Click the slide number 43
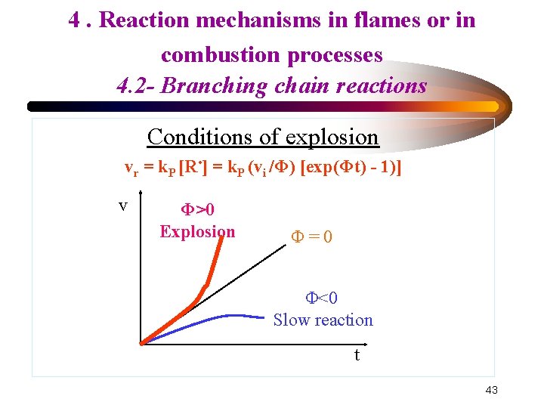(491, 390)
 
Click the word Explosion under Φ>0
(197, 231)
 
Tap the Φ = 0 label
(311, 237)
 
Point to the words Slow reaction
(323, 320)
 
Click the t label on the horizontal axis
(357, 354)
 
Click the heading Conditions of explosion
(263, 137)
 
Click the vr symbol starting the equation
(131, 168)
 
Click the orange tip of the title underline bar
(491, 107)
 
